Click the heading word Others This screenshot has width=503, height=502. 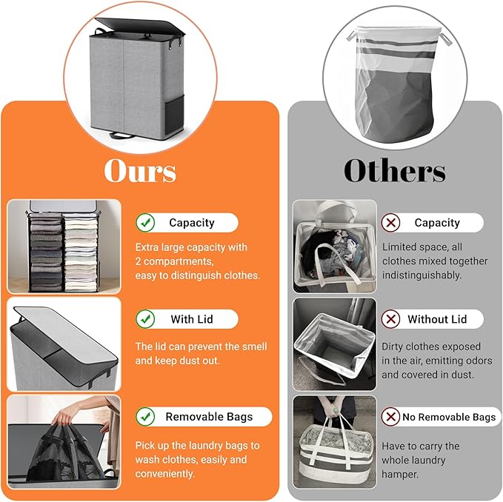[x=394, y=170]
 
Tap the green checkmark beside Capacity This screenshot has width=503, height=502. [x=146, y=223]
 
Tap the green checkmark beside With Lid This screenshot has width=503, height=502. [x=146, y=319]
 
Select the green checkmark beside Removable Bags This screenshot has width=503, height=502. [x=146, y=417]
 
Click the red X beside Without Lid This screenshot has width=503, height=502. [x=391, y=319]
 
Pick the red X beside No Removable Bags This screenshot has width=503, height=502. [x=391, y=417]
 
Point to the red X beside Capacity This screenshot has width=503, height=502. [x=391, y=223]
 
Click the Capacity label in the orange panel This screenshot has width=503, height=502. [x=191, y=223]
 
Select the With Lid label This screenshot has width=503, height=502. [x=192, y=319]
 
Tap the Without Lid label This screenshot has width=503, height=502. [x=437, y=319]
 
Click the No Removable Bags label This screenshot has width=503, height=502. [x=449, y=417]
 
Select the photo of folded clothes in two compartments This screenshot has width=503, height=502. [x=64, y=247]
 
